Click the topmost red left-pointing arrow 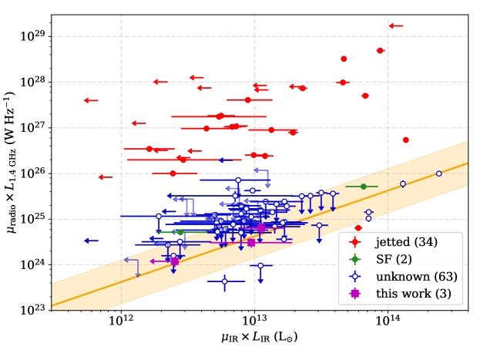[395, 26]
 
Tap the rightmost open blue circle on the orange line [438, 173]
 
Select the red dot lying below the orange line [357, 228]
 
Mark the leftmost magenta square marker [175, 261]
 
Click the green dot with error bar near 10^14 [364, 187]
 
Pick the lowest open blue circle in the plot [224, 281]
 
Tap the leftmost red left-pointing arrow [91, 100]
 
